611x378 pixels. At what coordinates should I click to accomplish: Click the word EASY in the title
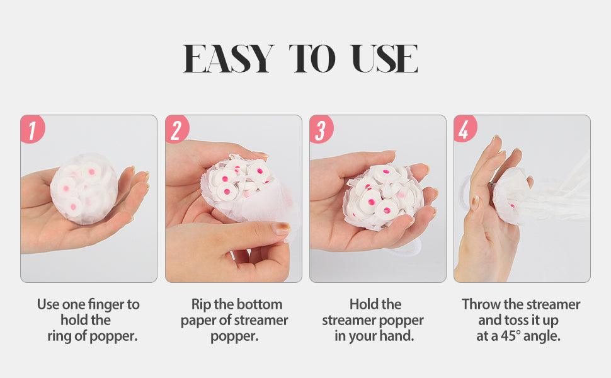(228, 59)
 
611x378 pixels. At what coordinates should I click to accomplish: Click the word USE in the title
(382, 59)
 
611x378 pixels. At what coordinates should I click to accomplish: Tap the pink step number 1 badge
(33, 130)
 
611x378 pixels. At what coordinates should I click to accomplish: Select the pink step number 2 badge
(177, 130)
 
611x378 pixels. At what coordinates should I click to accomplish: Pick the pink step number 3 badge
(321, 130)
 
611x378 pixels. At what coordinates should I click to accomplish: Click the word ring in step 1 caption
(61, 336)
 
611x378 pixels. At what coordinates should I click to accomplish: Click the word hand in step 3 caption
(397, 336)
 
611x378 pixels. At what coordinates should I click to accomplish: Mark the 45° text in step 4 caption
(511, 336)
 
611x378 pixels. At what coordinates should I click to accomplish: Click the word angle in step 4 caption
(544, 336)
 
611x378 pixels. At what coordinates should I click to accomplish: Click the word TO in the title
(313, 59)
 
